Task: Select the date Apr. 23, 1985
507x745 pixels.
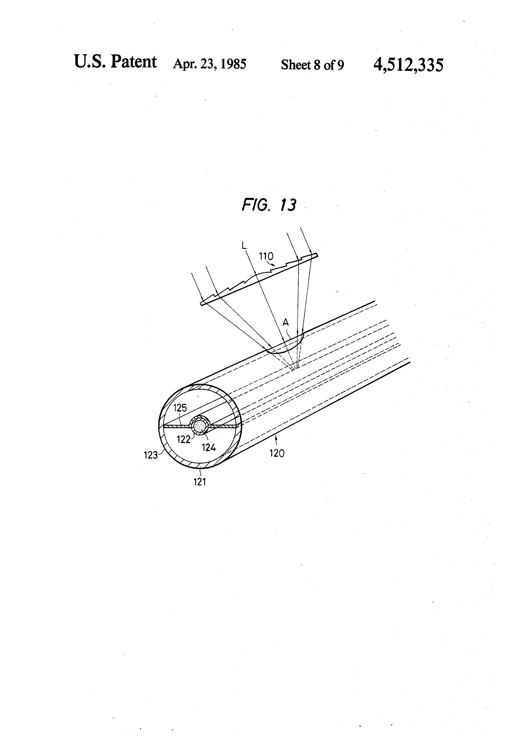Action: (210, 64)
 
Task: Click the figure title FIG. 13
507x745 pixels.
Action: (269, 205)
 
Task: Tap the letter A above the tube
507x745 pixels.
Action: (286, 322)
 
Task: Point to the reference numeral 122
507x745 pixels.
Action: (183, 439)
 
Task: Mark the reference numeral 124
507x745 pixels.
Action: (209, 447)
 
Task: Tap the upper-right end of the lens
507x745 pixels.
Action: (317, 254)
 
